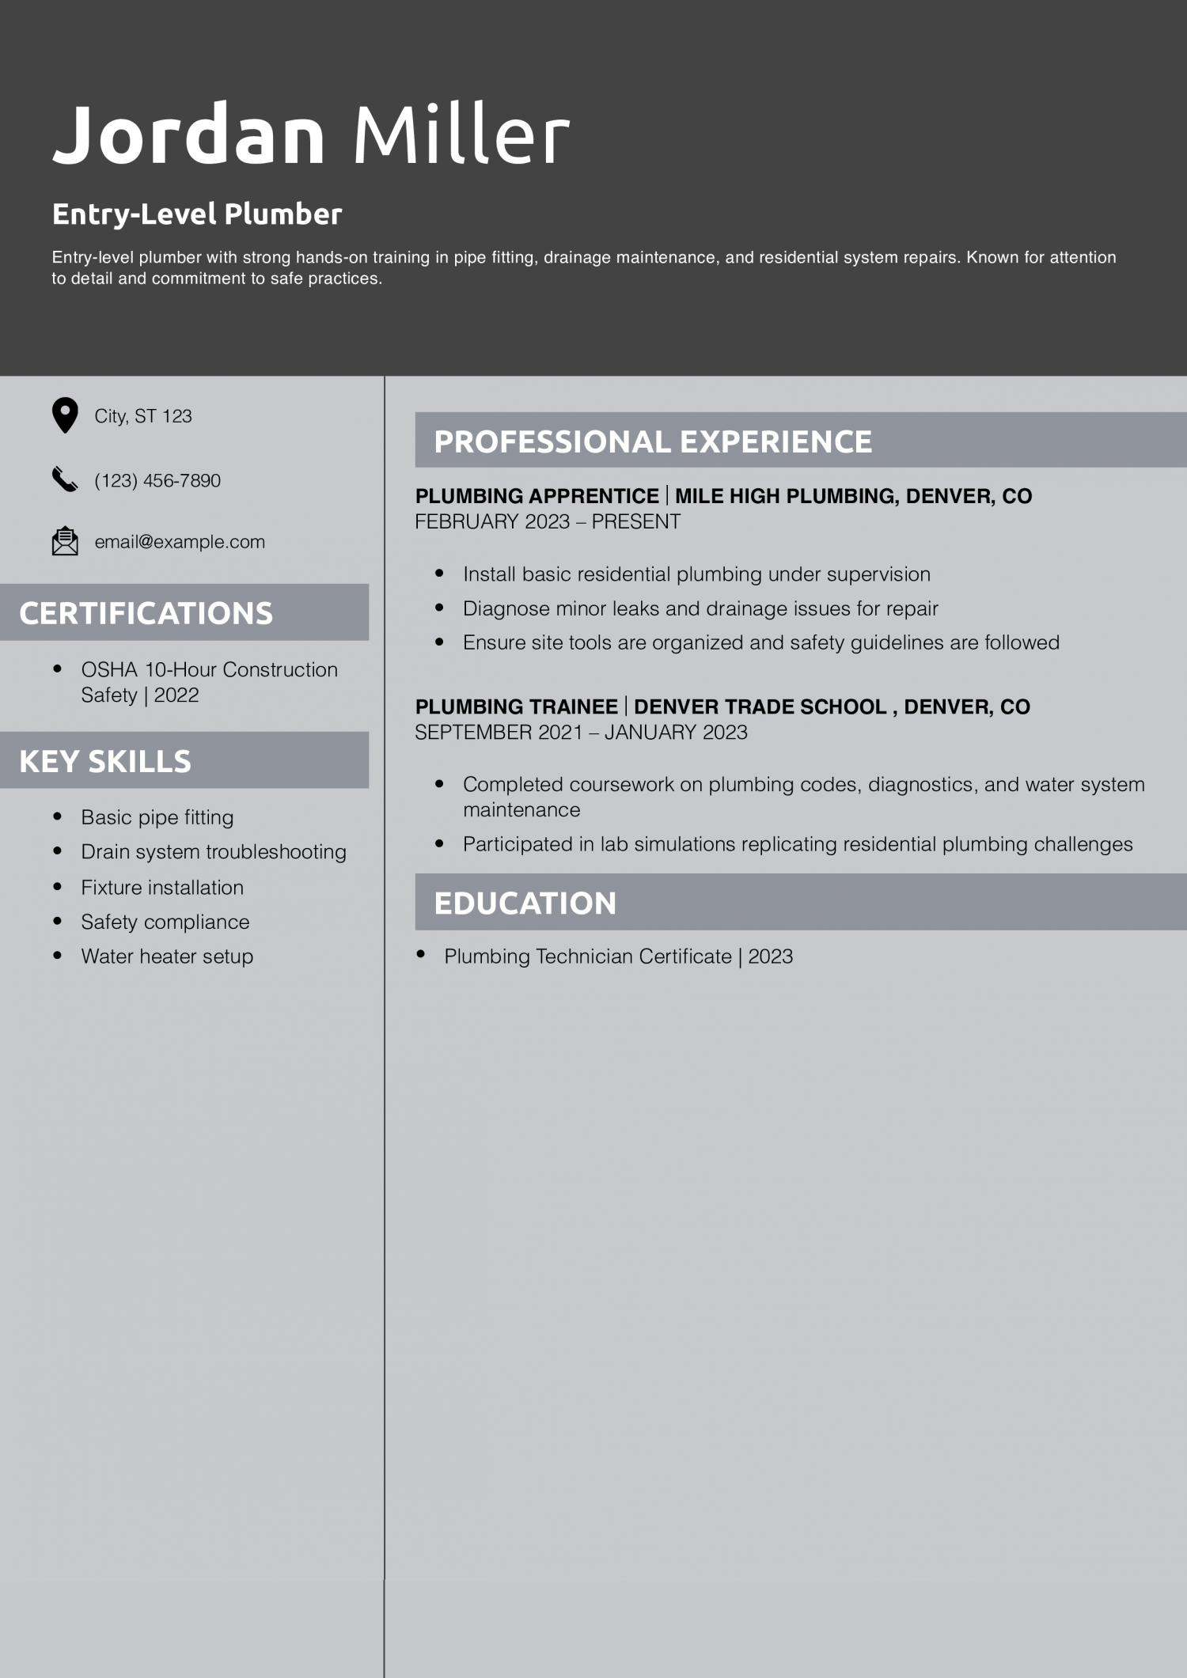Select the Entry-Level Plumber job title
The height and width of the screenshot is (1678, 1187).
coord(197,214)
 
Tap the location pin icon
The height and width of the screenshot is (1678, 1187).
coord(65,415)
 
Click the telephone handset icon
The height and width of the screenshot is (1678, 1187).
coord(65,479)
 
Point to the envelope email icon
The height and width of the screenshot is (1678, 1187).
coord(65,541)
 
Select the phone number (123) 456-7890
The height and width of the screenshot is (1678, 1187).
coord(157,480)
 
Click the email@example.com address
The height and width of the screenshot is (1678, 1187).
coord(180,542)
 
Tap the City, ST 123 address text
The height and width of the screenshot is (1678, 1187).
coord(143,416)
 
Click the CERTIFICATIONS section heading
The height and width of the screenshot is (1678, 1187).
coord(146,613)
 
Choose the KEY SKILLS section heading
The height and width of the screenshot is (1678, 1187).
coord(105,761)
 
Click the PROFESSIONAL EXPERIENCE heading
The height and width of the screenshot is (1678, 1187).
coord(653,441)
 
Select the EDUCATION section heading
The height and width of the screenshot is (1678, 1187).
coord(525,903)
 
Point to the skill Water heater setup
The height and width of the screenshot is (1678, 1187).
coord(167,956)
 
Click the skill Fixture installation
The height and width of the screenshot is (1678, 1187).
coord(162,888)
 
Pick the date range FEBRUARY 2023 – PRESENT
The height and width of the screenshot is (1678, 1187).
coord(548,522)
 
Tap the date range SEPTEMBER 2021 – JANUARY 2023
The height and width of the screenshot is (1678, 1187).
coord(581,733)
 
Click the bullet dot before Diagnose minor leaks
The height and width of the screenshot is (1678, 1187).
coord(439,608)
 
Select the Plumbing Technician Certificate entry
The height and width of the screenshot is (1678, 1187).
coord(618,956)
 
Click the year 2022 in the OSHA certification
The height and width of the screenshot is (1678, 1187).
coord(176,695)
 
